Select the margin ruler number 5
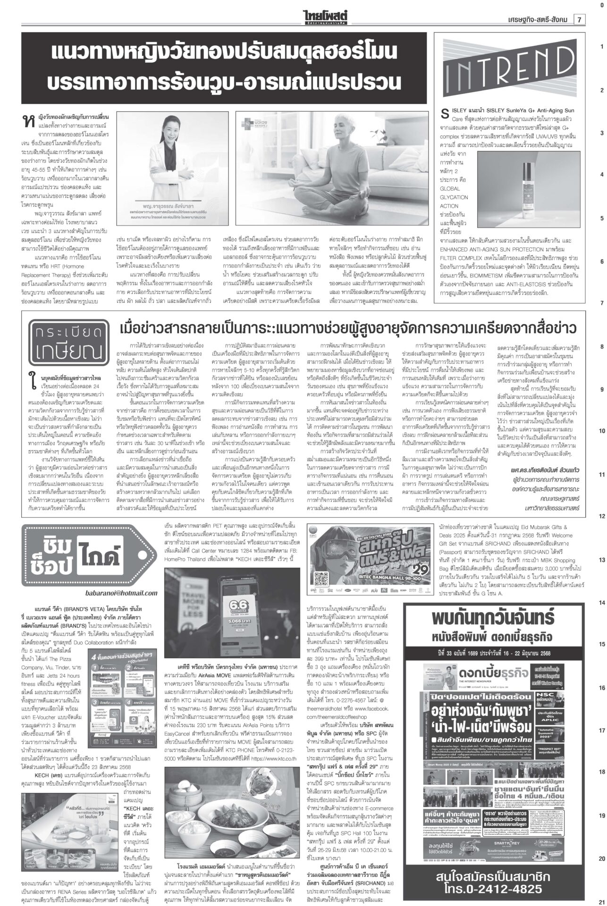[x=601, y=219]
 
